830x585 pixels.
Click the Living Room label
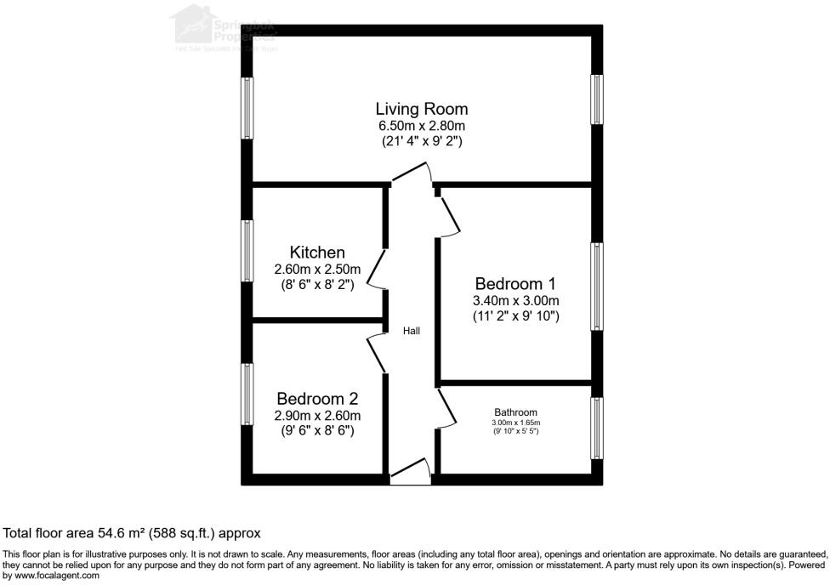point(422,109)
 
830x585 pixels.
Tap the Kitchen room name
point(317,253)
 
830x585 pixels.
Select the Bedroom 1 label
point(515,283)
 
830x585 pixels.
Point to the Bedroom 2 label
point(317,399)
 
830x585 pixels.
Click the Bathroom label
point(515,412)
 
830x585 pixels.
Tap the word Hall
point(412,331)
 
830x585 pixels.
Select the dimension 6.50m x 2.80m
point(422,126)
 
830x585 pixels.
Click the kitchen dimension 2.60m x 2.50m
point(317,270)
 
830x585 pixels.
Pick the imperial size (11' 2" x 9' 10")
point(515,316)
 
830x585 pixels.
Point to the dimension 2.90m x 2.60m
point(317,416)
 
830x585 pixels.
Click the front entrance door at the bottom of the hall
point(411,473)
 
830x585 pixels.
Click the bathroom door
point(449,410)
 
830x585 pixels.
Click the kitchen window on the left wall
point(247,250)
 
